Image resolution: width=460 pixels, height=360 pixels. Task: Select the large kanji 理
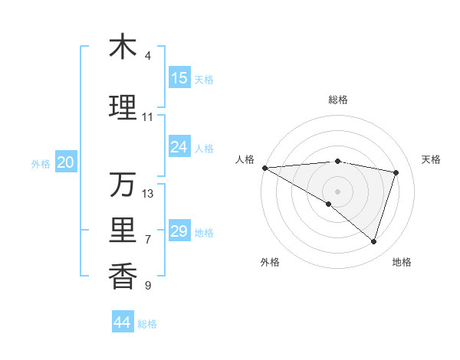point(123,107)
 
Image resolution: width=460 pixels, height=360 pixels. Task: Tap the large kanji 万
point(123,185)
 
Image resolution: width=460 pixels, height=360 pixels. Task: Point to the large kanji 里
point(123,231)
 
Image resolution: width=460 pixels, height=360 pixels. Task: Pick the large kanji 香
point(123,276)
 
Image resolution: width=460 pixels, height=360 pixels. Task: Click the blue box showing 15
point(179,78)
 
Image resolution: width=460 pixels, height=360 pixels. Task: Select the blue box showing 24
point(179,147)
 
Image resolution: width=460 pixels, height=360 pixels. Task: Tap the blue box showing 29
point(179,231)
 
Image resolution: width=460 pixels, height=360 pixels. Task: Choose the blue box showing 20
point(66,162)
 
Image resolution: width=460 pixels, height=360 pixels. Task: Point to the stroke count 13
point(148,194)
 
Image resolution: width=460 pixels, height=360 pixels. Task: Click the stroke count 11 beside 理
point(148,117)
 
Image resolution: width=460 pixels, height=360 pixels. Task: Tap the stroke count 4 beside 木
point(148,56)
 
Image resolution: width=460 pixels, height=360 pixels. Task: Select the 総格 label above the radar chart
point(337,100)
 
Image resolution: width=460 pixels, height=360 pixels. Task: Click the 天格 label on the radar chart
point(431,159)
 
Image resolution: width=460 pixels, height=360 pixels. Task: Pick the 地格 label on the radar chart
point(402,262)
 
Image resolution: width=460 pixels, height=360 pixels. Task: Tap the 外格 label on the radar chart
point(270,262)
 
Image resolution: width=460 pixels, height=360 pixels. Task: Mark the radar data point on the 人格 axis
point(264,168)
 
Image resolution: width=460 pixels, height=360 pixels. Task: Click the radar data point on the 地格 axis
point(374,242)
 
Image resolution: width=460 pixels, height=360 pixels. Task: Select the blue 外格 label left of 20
point(40,163)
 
